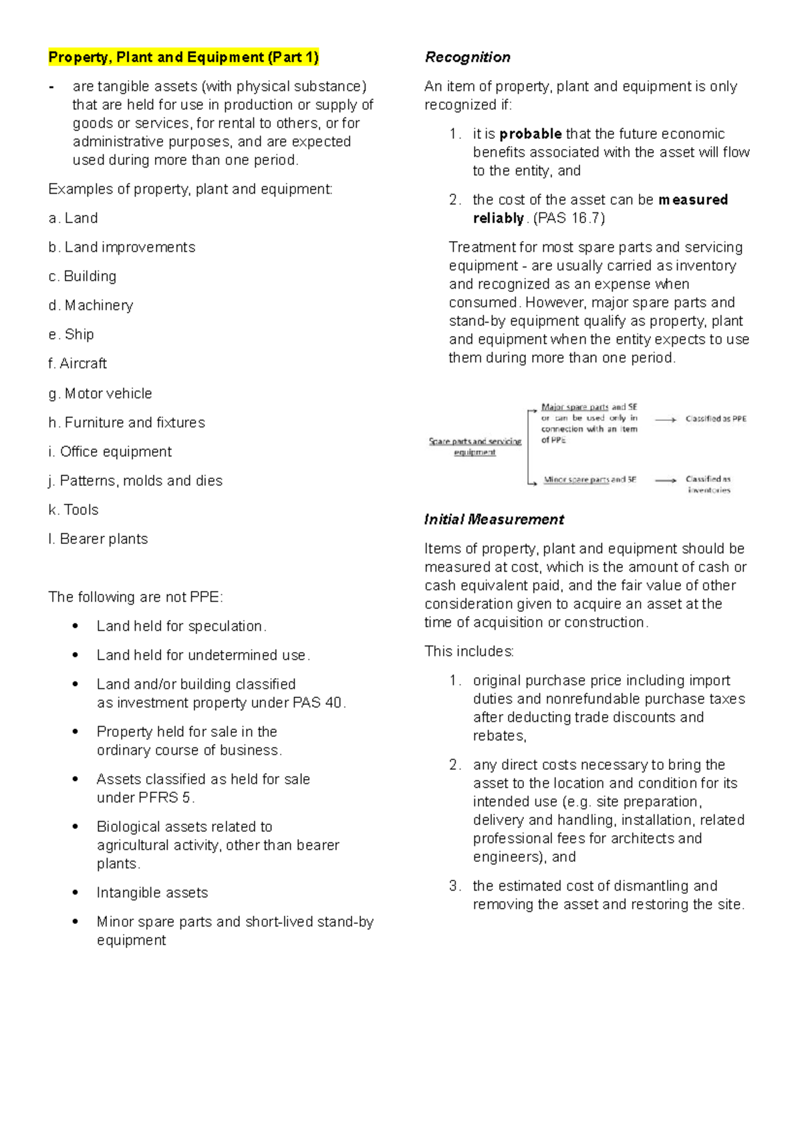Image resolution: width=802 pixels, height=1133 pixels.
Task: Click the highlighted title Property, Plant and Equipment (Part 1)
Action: (183, 57)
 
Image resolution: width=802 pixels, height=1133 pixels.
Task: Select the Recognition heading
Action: (467, 57)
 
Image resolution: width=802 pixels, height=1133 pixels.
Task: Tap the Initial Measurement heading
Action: (494, 519)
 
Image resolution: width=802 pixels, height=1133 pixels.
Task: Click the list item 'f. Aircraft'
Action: (78, 363)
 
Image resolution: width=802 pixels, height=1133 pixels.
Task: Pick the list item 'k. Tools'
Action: (74, 510)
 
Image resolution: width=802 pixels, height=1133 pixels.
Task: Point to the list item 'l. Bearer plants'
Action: (98, 539)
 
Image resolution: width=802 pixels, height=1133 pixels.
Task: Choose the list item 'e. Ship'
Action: (72, 334)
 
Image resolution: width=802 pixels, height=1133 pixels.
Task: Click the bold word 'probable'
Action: (530, 134)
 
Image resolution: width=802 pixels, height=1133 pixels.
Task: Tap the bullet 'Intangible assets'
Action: (152, 893)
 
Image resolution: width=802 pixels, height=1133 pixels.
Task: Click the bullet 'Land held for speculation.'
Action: (181, 626)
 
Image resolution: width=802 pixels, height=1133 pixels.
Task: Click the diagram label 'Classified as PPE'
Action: (716, 419)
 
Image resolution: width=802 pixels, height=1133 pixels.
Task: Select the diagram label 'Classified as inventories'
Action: (708, 484)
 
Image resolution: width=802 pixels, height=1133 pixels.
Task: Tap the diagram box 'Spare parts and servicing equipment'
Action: (475, 446)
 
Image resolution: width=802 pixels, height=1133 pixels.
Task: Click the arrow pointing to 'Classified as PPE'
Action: (666, 420)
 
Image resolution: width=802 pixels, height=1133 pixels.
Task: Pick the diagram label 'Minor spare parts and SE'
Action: (589, 480)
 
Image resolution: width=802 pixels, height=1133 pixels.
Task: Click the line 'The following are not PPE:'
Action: (136, 597)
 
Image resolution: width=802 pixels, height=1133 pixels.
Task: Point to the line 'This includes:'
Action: (469, 651)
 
